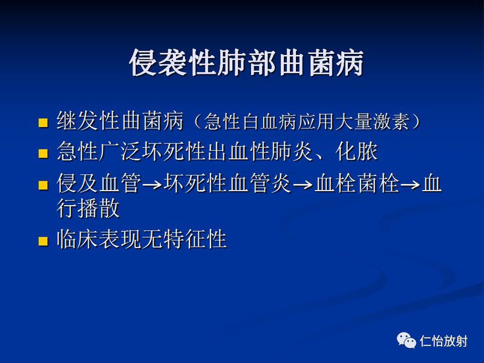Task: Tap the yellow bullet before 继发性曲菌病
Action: click(43, 123)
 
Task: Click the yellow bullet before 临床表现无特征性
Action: click(43, 241)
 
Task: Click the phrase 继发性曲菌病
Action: click(120, 121)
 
